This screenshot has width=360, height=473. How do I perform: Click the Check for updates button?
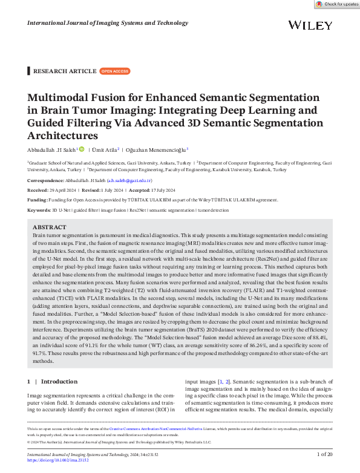pos(336,4)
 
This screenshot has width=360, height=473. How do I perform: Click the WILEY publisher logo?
pos(310,25)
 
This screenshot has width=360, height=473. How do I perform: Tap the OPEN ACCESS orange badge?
pos(114,71)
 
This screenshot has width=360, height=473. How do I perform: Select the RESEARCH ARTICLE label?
pos(65,71)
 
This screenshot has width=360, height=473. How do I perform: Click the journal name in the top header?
pos(108,23)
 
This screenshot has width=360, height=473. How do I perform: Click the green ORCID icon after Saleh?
pos(82,149)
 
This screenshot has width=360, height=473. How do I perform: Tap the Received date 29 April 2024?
pos(68,190)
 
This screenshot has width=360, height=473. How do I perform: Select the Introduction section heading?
pos(59,382)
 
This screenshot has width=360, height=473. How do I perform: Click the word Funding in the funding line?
pos(38,200)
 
